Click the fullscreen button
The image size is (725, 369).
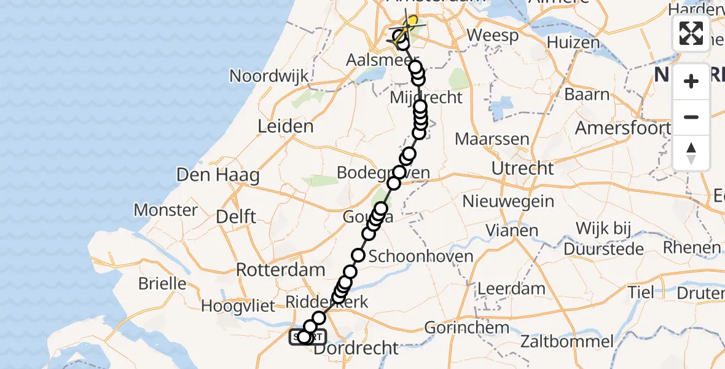click(691, 33)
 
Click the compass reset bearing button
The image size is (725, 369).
click(691, 153)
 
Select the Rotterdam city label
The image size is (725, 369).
click(281, 269)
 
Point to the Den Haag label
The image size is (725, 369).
click(217, 175)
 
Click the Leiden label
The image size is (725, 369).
click(285, 127)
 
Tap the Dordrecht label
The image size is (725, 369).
click(356, 348)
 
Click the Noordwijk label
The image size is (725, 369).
click(268, 76)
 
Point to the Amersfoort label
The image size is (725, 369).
click(622, 128)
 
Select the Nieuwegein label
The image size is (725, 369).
click(508, 201)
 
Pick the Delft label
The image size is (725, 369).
click(237, 216)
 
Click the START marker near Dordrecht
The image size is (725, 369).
click(308, 337)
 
